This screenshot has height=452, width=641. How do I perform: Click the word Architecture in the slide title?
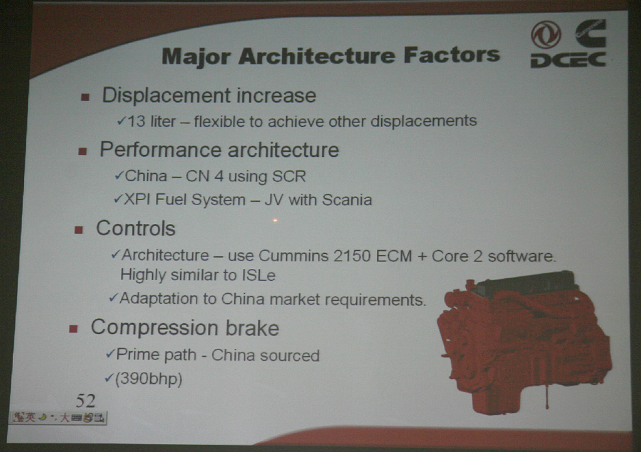click(317, 55)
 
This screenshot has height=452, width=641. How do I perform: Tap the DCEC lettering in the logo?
click(568, 59)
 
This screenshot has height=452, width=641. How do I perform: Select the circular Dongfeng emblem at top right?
click(545, 35)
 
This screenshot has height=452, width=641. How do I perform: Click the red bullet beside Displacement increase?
click(85, 97)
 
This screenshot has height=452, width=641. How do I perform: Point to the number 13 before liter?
click(136, 121)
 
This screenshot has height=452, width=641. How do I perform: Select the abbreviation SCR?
click(289, 176)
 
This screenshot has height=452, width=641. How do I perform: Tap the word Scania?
click(347, 199)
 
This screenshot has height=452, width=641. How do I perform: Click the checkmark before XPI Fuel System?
click(118, 199)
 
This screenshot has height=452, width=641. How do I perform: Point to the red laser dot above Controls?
click(275, 221)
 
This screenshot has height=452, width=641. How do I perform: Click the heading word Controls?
click(135, 228)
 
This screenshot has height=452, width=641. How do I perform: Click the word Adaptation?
click(164, 299)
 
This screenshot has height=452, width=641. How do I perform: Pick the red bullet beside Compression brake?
click(74, 329)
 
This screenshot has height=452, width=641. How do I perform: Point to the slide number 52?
click(85, 401)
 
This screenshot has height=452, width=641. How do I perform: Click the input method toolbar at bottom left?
click(58, 417)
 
